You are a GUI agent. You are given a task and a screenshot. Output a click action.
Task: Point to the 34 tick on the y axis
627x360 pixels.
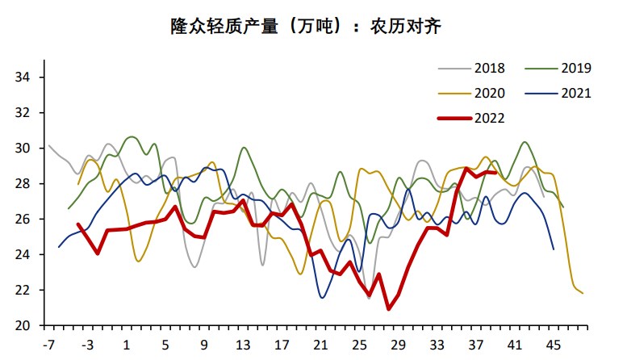coord(22,77)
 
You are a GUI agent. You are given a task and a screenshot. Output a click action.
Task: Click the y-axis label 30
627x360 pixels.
coord(22,149)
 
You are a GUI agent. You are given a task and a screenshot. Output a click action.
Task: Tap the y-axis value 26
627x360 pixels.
coord(22,220)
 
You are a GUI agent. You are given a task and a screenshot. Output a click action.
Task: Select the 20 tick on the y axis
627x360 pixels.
coord(22,325)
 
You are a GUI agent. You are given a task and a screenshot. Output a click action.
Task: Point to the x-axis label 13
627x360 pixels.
coord(243,345)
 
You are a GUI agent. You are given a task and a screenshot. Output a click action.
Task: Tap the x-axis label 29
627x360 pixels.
coord(398,345)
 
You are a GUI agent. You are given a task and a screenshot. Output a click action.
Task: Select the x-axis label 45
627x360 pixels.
coord(554,345)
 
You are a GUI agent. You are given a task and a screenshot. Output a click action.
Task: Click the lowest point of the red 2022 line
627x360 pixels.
coord(388,309)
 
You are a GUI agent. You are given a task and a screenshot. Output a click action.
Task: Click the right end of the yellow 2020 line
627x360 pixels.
coord(583,293)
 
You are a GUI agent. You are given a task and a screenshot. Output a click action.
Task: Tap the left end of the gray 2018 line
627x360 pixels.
coord(49,146)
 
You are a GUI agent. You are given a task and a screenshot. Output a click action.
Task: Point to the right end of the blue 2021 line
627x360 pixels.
coord(554,249)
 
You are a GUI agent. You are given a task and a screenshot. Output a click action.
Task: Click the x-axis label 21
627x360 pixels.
coord(320,345)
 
